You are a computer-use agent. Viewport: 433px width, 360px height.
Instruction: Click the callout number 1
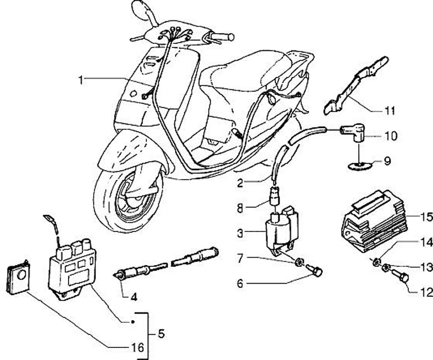(x=81, y=79)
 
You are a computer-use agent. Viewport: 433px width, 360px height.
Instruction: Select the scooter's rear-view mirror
(x=141, y=9)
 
